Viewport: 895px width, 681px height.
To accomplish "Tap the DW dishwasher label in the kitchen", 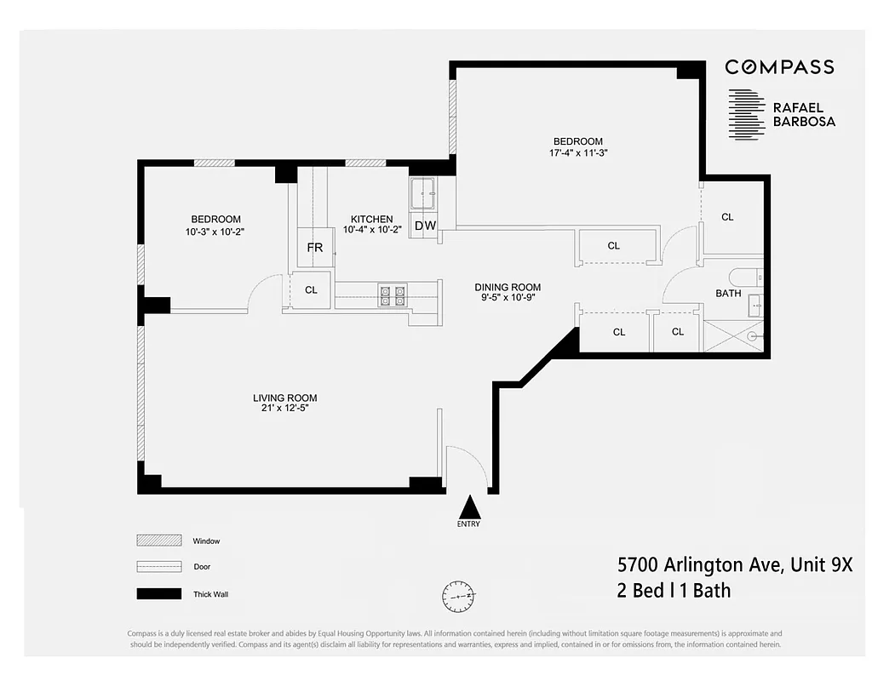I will coord(425,226).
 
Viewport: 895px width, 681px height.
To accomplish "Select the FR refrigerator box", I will coord(315,248).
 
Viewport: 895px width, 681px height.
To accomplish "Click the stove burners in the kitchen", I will coord(393,295).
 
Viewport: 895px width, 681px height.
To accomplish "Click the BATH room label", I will coord(728,293).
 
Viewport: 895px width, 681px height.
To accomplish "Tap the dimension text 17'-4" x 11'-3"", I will coord(577,153).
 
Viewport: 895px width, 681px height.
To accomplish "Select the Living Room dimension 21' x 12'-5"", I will coord(284,409).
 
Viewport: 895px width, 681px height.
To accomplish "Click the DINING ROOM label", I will coord(508,287).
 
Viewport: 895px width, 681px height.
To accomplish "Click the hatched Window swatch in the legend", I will coord(159,541).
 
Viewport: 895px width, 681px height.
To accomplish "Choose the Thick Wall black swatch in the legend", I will coord(159,593).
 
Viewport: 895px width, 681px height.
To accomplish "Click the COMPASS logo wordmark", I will coord(779,67).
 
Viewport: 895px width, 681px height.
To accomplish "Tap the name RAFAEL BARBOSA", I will coord(803,115).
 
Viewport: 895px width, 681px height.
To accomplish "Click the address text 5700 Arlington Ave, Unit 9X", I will coord(734,564).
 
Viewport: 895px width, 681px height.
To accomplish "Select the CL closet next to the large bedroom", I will coord(727,217).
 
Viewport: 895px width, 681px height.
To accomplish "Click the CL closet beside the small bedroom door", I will coord(311,290).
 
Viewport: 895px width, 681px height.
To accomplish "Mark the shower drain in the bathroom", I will coord(752,337).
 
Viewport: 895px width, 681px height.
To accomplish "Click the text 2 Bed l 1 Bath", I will coord(674,590).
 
